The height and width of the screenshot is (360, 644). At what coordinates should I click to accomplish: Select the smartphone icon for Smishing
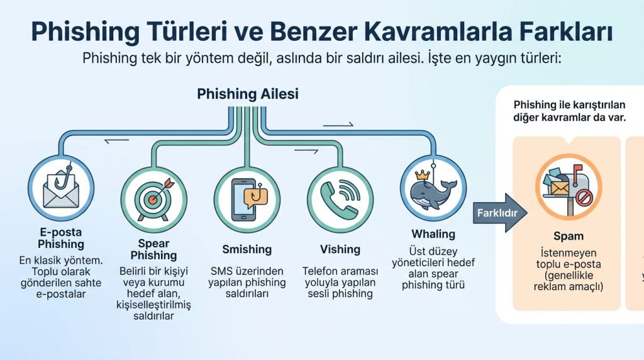pyautogui.click(x=247, y=197)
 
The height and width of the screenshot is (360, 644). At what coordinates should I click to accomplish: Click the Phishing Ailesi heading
pyautogui.click(x=247, y=94)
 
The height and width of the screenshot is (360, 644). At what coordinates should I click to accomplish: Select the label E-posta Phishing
pyautogui.click(x=60, y=238)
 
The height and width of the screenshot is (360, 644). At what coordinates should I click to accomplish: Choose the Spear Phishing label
pyautogui.click(x=153, y=249)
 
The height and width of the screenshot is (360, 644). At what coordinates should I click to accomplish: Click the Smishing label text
pyautogui.click(x=247, y=249)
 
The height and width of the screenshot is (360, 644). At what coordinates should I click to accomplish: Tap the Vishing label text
pyautogui.click(x=340, y=249)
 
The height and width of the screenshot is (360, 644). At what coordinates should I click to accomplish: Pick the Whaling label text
pyautogui.click(x=433, y=234)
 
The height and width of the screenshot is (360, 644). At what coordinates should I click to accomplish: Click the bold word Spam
pyautogui.click(x=568, y=237)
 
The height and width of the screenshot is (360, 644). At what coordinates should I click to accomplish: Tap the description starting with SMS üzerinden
pyautogui.click(x=247, y=283)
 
